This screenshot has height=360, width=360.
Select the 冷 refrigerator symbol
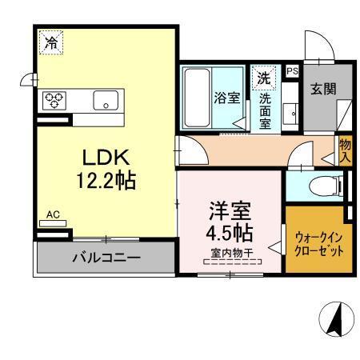coord(50,42)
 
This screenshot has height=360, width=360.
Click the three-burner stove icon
coord(54,99)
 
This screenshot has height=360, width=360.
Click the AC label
coord(54,214)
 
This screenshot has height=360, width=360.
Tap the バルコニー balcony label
coord(106,258)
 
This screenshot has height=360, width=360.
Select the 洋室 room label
coord(230,212)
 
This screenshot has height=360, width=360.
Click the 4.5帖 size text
coord(230,234)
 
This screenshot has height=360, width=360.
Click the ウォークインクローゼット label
coord(318,243)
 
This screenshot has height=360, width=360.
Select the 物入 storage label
coord(345,150)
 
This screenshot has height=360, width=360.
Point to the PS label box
coord(290,70)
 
